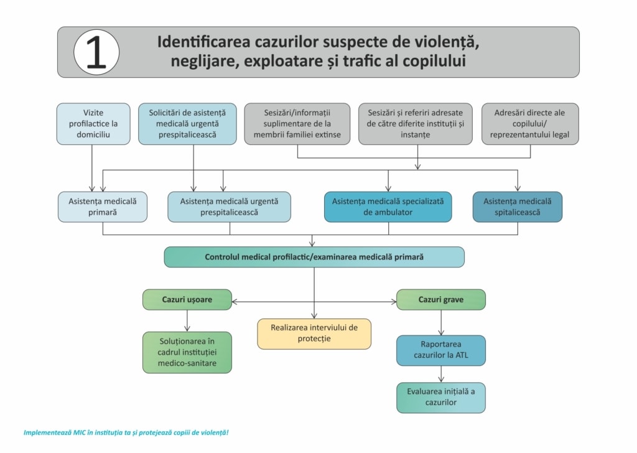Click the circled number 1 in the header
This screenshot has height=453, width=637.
96,52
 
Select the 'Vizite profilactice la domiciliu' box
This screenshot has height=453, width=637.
93,124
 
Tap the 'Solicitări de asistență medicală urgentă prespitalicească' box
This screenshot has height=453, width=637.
187,124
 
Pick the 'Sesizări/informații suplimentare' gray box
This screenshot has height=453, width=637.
297,124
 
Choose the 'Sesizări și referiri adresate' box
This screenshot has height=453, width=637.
415,124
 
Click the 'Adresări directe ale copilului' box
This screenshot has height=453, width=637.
530,124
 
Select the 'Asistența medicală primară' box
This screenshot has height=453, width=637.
103,207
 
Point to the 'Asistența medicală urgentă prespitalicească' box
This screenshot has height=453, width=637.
229,207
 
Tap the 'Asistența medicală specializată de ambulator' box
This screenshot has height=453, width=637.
388,207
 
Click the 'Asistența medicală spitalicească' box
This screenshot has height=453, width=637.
517,207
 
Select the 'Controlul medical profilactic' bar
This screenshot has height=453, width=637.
314,257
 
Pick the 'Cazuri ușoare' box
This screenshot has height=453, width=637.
187,299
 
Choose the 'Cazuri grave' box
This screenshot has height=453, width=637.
441,299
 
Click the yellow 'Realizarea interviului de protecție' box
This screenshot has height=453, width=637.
314,334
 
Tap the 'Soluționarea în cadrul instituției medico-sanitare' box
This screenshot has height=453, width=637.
187,352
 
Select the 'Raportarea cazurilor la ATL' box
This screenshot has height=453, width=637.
441,350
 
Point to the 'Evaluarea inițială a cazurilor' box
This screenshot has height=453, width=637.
441,398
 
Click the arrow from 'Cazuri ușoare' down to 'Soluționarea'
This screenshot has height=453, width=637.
187,320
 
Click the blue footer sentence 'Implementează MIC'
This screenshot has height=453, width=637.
126,432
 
